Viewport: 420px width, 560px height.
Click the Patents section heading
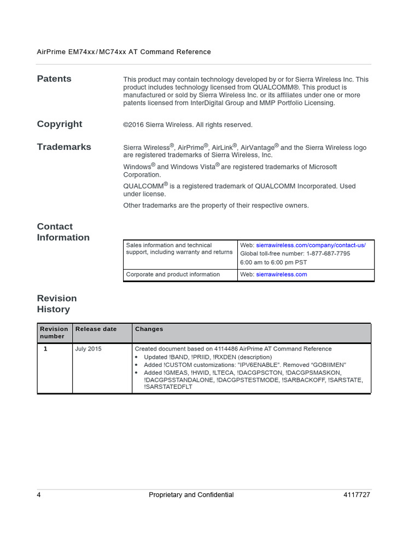click(x=54, y=79)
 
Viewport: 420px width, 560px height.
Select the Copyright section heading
click(x=60, y=124)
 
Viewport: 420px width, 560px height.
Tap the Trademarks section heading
click(x=64, y=147)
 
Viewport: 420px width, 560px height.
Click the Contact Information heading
click(x=63, y=232)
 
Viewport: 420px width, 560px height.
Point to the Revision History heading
click(x=57, y=304)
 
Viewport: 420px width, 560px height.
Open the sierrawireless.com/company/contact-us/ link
click(x=311, y=245)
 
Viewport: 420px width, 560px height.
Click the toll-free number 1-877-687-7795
click(x=321, y=253)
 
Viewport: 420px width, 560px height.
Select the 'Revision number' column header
click(x=54, y=332)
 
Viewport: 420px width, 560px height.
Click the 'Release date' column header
click(x=96, y=329)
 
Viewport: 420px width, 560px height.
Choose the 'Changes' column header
click(x=149, y=329)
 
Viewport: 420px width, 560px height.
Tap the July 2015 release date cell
click(x=88, y=348)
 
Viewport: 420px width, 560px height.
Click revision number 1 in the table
click(x=45, y=348)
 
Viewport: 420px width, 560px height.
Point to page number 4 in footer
click(x=39, y=495)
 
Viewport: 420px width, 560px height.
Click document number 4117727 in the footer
click(x=357, y=495)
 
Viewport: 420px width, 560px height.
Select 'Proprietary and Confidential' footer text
click(x=191, y=495)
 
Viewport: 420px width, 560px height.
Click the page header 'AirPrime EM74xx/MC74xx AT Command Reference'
click(x=124, y=52)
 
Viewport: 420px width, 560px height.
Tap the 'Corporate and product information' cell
click(x=173, y=275)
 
